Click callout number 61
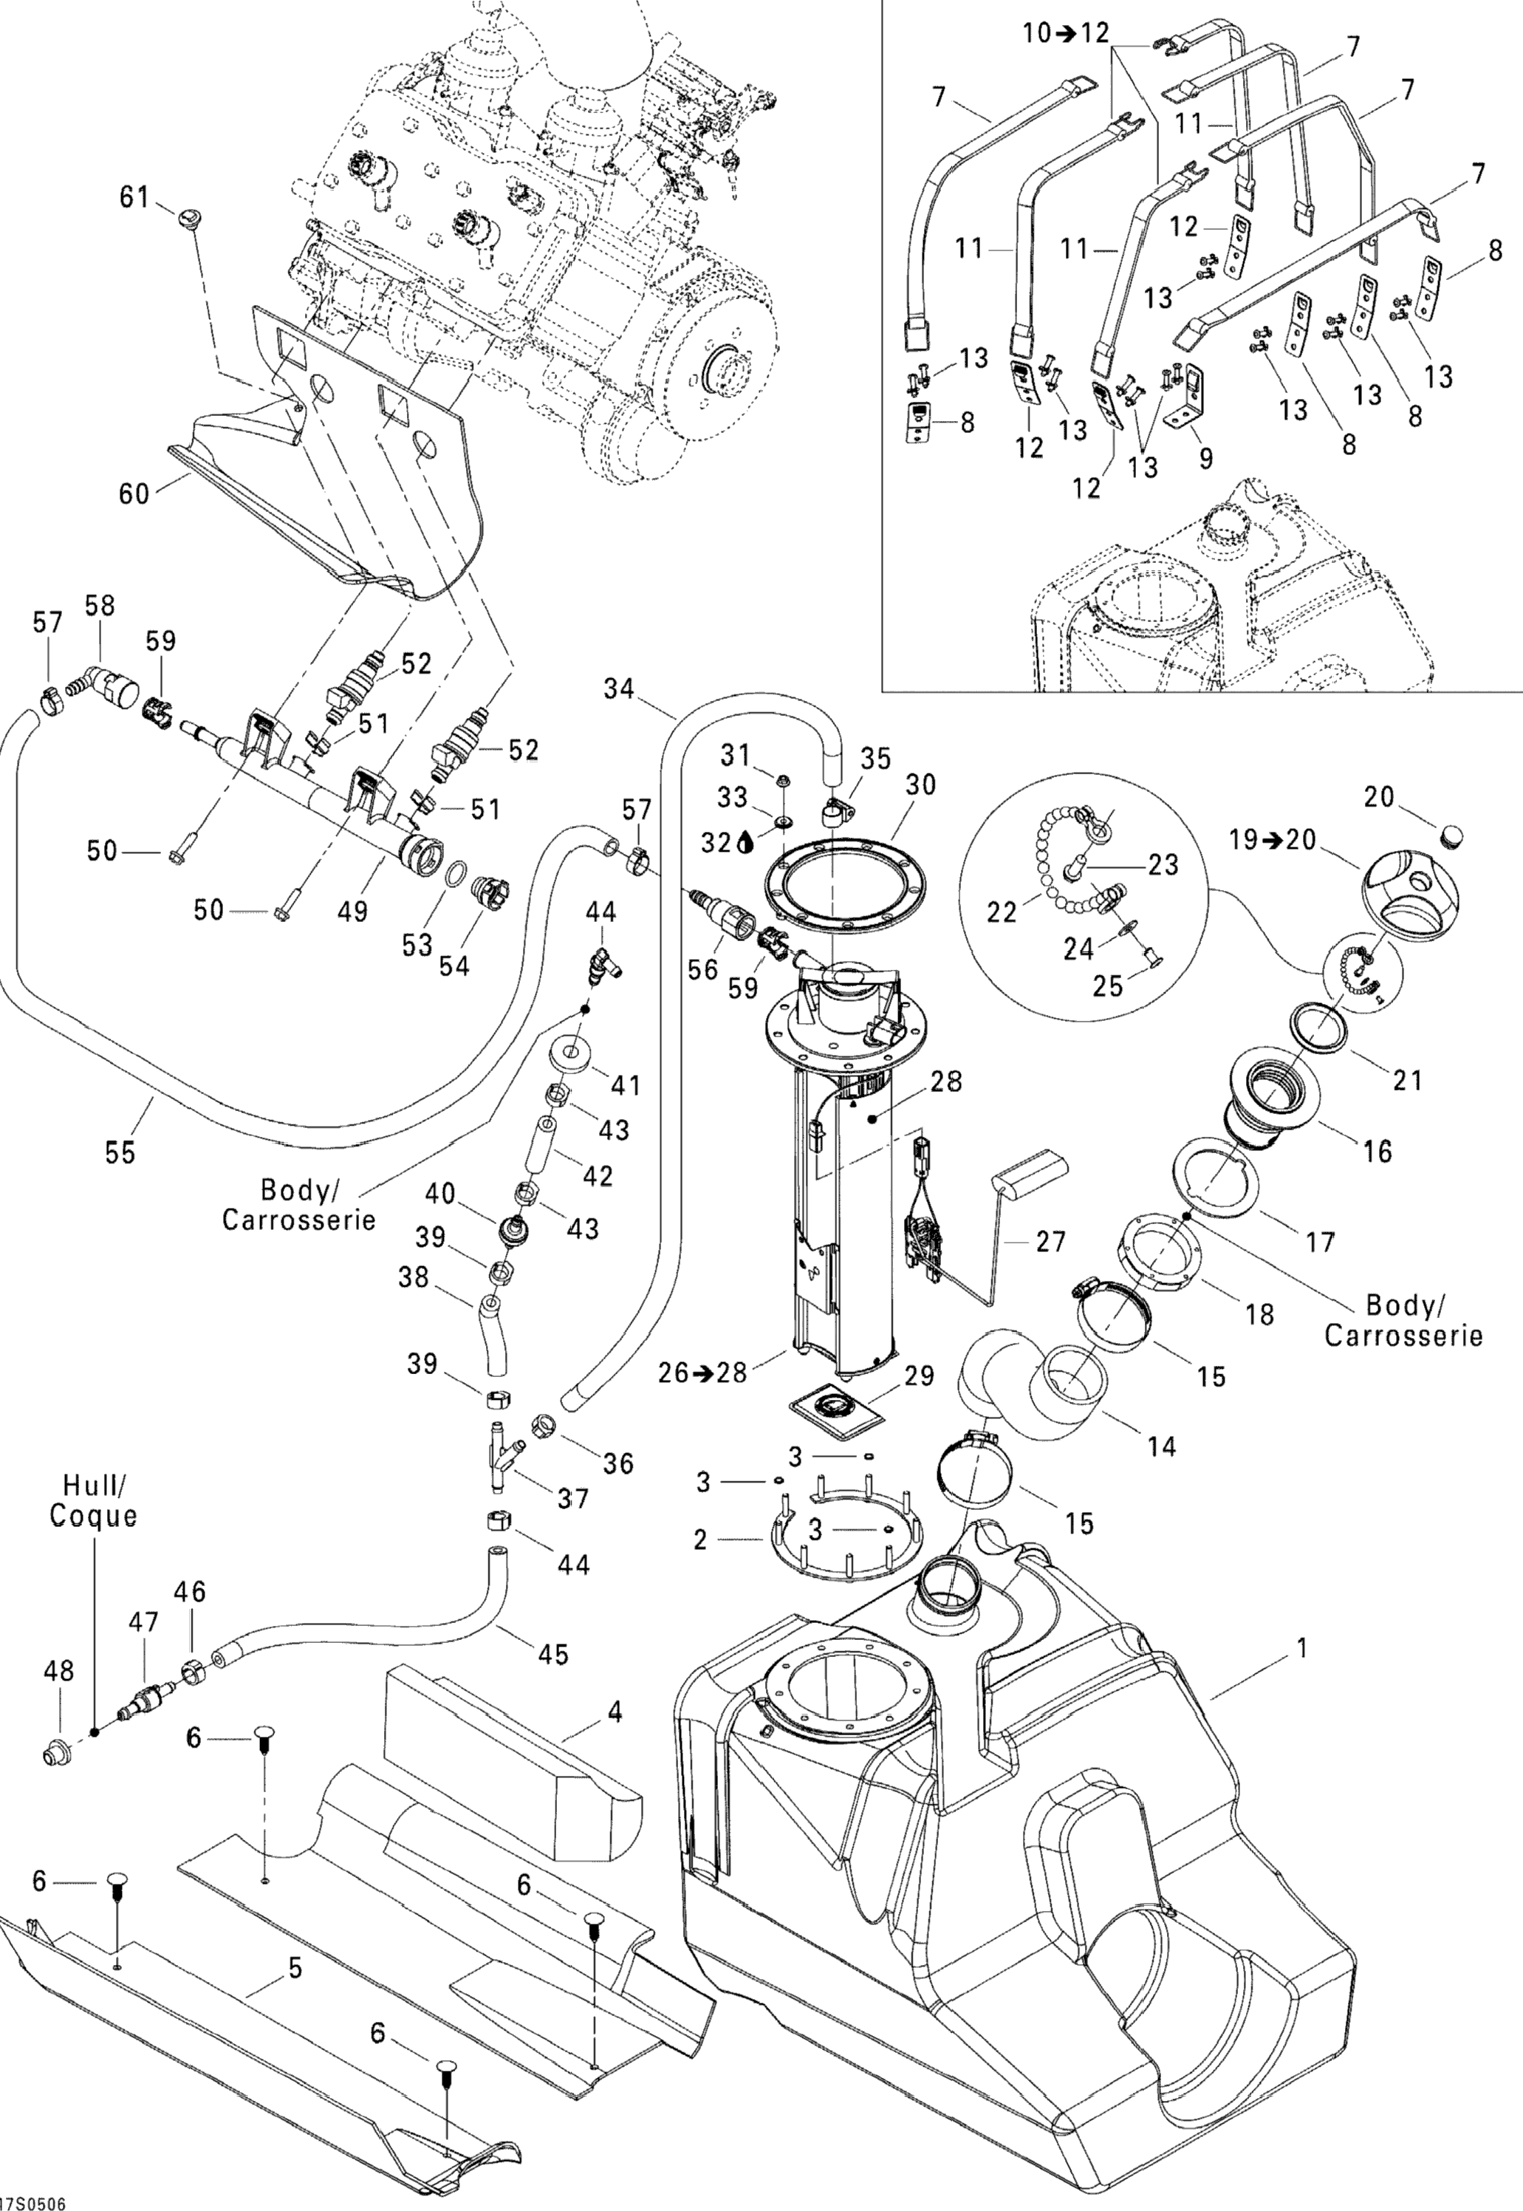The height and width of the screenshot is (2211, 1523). pyautogui.click(x=134, y=197)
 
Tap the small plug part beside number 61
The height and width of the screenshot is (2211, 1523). pyautogui.click(x=186, y=216)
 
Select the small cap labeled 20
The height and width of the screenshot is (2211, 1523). pyautogui.click(x=1448, y=837)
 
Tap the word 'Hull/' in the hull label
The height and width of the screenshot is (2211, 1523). pyautogui.click(x=94, y=1485)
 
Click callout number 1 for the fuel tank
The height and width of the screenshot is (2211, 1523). pyautogui.click(x=1304, y=1648)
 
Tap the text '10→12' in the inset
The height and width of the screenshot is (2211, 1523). pyautogui.click(x=1066, y=33)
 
